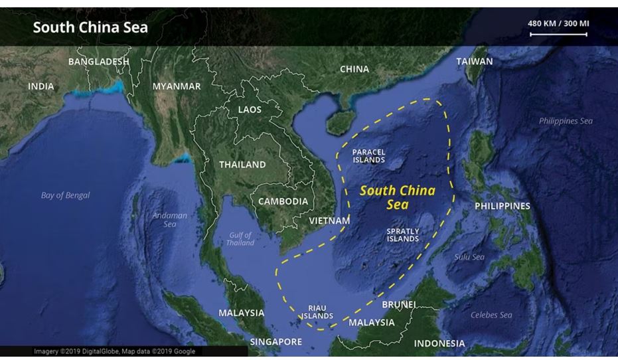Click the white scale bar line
(558, 34)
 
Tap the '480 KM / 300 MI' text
(558, 23)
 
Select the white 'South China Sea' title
(90, 27)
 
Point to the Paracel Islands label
(368, 156)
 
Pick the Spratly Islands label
(402, 235)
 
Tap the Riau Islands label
(317, 312)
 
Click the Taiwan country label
(475, 61)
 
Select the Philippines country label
(502, 206)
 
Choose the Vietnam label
(329, 220)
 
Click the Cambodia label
(283, 201)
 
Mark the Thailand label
(242, 164)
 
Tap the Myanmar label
(176, 86)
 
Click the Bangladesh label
(98, 61)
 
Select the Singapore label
(275, 342)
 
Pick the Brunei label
(399, 304)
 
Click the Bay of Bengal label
(65, 195)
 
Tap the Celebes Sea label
(491, 315)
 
